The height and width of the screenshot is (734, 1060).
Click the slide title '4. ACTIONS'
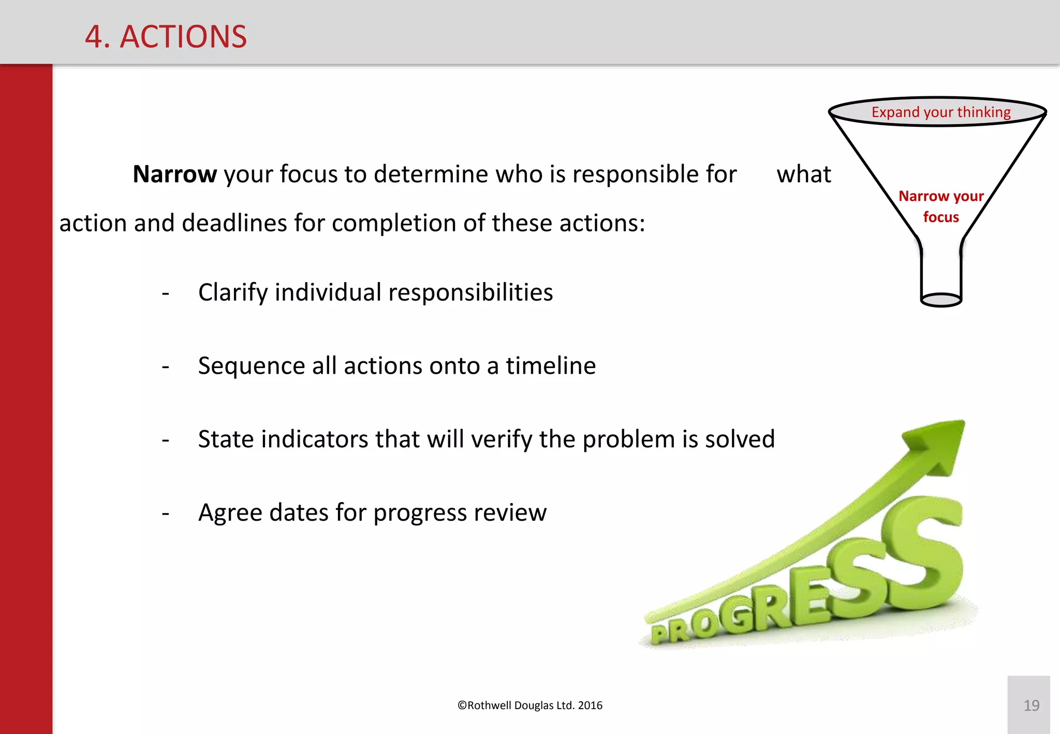point(166,37)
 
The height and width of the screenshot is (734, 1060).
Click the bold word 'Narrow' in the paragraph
point(174,174)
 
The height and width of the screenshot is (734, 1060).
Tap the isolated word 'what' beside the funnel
point(803,174)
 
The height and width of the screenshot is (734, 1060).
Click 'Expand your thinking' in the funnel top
point(940,112)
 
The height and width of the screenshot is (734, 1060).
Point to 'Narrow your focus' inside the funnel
point(940,206)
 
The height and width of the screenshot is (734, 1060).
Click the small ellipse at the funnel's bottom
point(941,300)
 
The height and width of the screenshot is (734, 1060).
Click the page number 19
point(1031,705)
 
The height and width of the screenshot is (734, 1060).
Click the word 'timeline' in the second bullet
point(551,366)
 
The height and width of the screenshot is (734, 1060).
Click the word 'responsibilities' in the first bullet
point(470,292)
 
